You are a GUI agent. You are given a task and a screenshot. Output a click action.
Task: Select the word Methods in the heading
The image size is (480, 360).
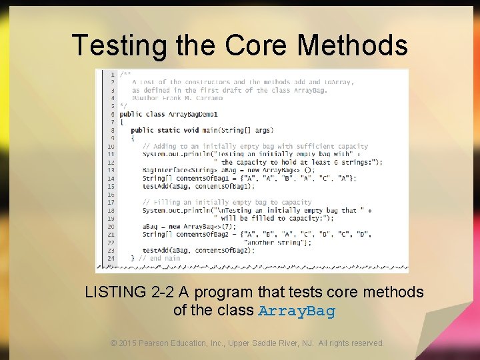click(353, 45)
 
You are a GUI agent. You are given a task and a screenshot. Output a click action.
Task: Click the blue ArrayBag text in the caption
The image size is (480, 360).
click(297, 311)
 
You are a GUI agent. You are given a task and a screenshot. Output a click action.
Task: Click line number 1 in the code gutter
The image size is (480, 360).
click(112, 74)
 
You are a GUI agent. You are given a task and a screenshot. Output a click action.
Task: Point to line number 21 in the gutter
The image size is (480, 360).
click(111, 258)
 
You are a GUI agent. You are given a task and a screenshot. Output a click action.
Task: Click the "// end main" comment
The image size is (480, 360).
click(159, 258)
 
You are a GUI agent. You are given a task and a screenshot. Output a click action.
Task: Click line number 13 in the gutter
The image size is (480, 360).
click(111, 170)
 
